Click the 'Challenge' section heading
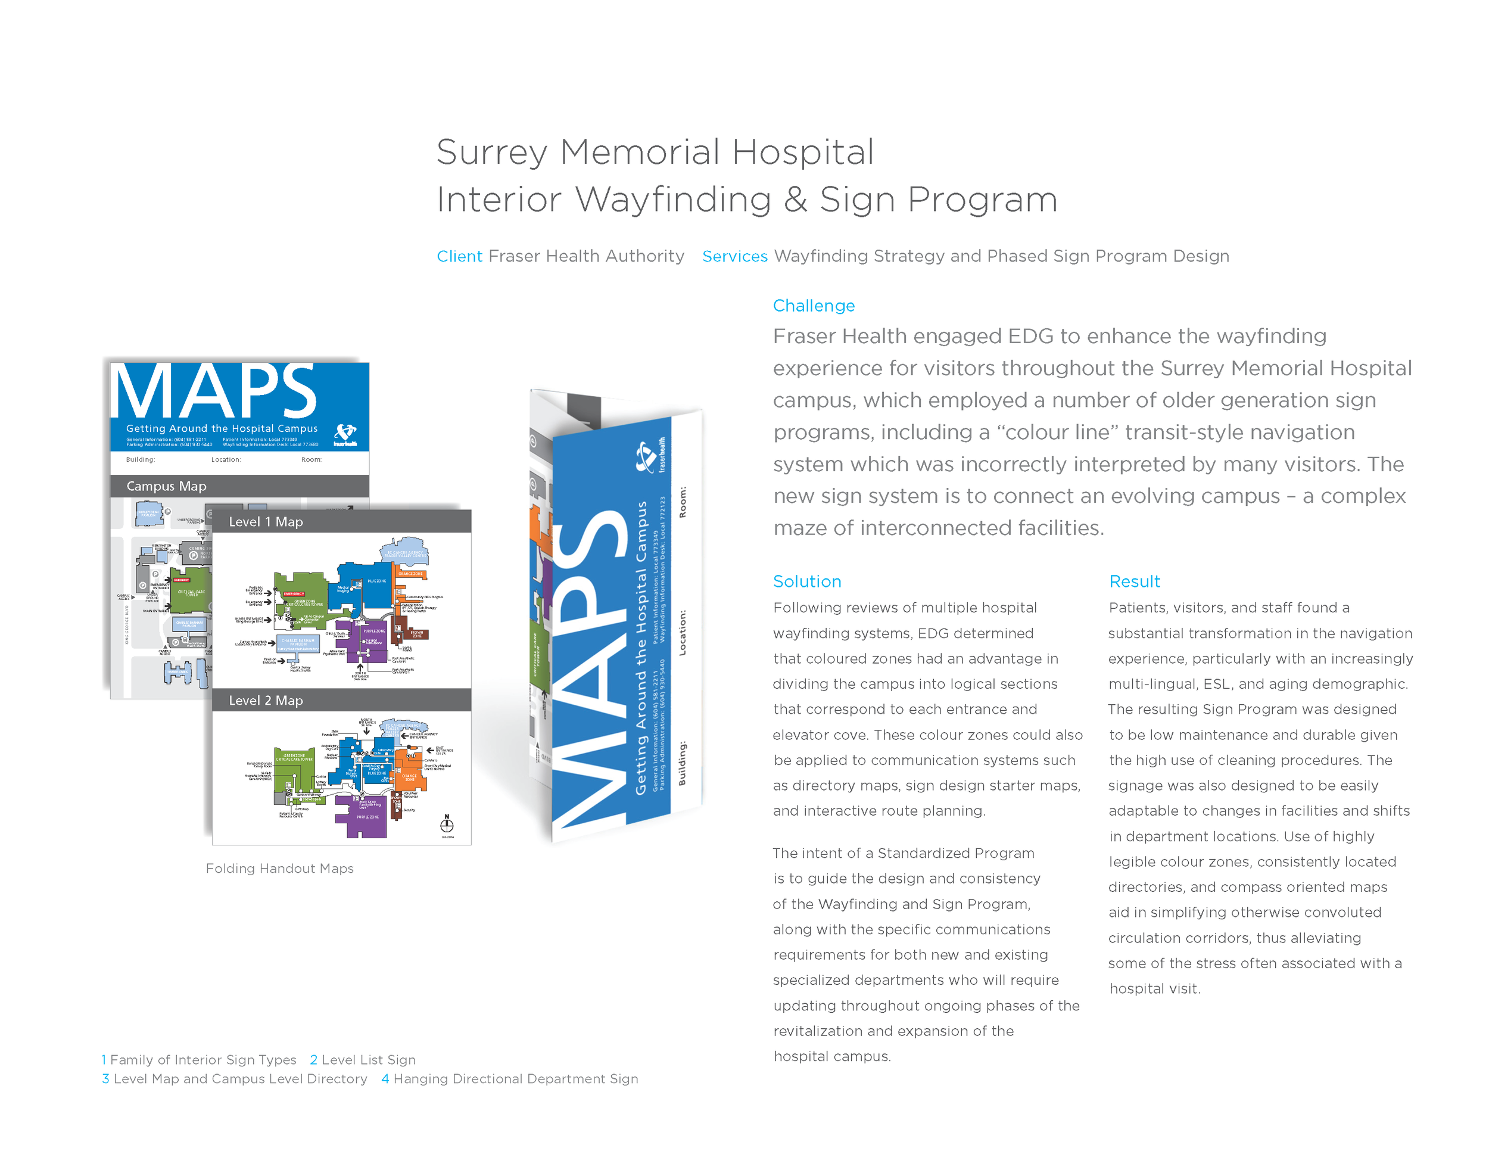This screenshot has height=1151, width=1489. pyautogui.click(x=814, y=306)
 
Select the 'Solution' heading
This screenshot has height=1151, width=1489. pyautogui.click(x=806, y=581)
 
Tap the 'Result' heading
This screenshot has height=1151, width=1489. pyautogui.click(x=1134, y=581)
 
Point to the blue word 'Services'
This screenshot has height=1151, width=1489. pyautogui.click(x=734, y=256)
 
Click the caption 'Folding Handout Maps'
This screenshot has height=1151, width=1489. pyautogui.click(x=279, y=868)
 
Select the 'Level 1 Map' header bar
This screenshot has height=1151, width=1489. pyautogui.click(x=341, y=522)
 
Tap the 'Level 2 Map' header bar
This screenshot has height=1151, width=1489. pyautogui.click(x=341, y=700)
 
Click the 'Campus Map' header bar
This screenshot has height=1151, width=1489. pyautogui.click(x=239, y=486)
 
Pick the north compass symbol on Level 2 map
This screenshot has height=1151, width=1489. pyautogui.click(x=447, y=825)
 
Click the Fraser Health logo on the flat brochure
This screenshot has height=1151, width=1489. pyautogui.click(x=345, y=434)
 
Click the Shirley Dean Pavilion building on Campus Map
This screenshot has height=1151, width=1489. pyautogui.click(x=149, y=513)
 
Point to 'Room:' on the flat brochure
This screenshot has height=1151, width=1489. pyautogui.click(x=311, y=459)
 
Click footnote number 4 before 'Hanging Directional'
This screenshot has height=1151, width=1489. pyautogui.click(x=385, y=1079)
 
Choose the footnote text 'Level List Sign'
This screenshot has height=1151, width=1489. pyautogui.click(x=368, y=1060)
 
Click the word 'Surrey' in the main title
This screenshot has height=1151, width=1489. pyautogui.click(x=491, y=153)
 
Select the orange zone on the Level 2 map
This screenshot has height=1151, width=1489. pyautogui.click(x=412, y=777)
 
